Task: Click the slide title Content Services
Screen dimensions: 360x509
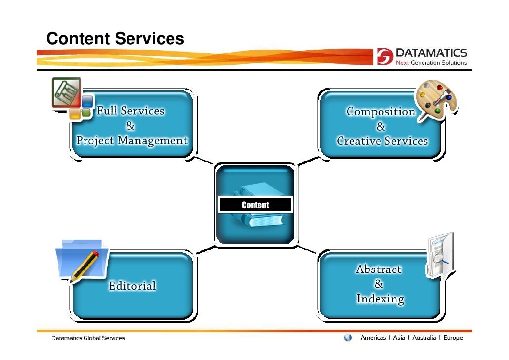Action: coord(115,38)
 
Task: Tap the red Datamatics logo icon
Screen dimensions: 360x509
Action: coord(384,57)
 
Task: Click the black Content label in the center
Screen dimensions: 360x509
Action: coord(255,205)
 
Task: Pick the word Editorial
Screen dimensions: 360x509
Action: coord(132,286)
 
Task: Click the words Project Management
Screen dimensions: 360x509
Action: coord(132,140)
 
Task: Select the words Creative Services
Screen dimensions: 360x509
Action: coord(382,141)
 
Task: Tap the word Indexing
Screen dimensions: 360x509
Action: coord(380,299)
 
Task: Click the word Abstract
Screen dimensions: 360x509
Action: coord(379,270)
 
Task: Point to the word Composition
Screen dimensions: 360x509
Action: coord(381,111)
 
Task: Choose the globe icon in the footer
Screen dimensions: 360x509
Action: coord(348,338)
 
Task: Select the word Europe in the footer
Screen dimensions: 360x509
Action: coord(452,338)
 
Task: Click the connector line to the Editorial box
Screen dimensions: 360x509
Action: coord(205,250)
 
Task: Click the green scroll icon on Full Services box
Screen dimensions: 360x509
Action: coord(66,92)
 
